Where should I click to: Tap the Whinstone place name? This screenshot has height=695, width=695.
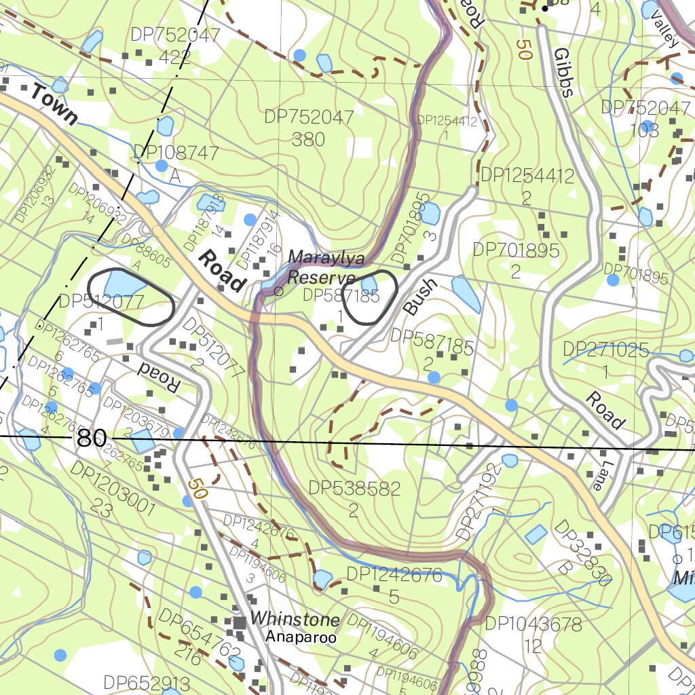295,619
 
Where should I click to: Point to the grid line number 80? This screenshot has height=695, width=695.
91,438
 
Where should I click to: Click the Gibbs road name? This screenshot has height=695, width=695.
563,72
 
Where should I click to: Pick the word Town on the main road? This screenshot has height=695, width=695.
54,105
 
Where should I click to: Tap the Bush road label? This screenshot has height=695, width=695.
419,297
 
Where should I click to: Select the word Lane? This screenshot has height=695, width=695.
597,476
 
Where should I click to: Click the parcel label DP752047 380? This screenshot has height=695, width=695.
309,128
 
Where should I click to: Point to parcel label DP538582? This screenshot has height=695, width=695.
354,497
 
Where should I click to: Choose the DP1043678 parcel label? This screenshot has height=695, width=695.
533,633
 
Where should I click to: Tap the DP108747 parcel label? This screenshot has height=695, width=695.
176,163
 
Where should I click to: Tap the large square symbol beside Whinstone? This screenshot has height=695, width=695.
240,622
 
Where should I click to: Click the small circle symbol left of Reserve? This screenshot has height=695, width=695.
278,291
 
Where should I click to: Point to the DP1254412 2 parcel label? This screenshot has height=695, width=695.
527,186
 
